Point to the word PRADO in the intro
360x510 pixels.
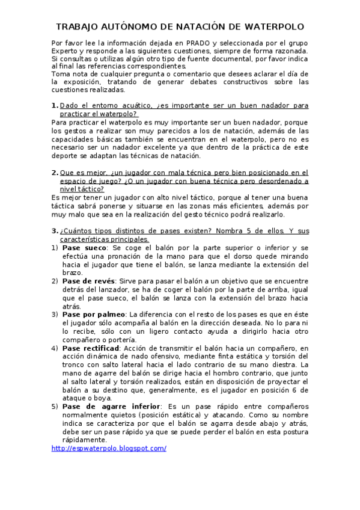click(199, 43)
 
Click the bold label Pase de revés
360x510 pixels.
click(90, 281)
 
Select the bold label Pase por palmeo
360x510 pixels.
click(94, 314)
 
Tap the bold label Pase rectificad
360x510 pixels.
click(92, 348)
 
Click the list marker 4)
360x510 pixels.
click(55, 348)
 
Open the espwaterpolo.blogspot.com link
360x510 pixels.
click(109, 449)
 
